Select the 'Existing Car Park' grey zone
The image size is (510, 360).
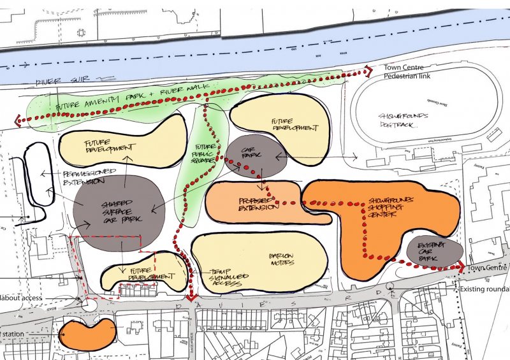[433, 250]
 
